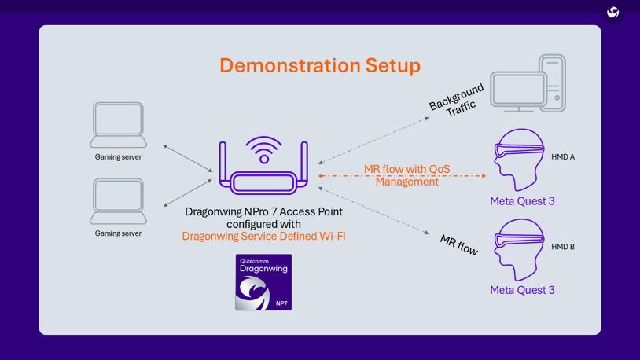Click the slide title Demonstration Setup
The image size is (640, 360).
[x=319, y=65]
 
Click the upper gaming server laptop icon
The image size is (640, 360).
[x=118, y=125]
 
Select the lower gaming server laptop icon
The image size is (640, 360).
[x=118, y=201]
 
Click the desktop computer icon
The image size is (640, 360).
[x=528, y=84]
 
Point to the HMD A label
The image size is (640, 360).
[x=562, y=157]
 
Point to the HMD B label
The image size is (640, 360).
[x=562, y=247]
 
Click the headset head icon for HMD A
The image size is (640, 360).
[x=519, y=160]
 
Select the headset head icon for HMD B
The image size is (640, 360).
[x=519, y=249]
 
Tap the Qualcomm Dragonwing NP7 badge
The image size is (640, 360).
[x=263, y=282]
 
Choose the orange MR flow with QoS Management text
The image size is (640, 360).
[x=406, y=175]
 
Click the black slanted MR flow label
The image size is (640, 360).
[x=458, y=245]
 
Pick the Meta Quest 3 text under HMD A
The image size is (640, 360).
[x=522, y=201]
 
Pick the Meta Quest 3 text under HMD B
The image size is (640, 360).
[x=522, y=290]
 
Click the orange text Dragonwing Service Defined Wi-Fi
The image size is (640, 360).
[x=263, y=237]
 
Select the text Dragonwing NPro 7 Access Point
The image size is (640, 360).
[x=263, y=211]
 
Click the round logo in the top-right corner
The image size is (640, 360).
[x=613, y=13]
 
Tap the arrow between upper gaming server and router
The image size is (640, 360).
[x=188, y=158]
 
